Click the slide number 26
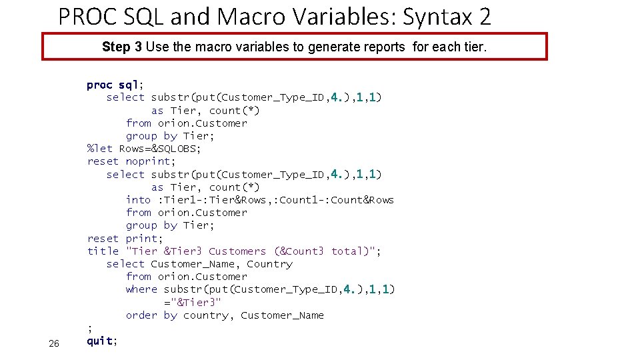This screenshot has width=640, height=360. (54, 343)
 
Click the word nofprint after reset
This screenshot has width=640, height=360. (151, 161)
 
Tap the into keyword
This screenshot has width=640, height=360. (138, 200)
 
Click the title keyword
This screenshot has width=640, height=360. (103, 251)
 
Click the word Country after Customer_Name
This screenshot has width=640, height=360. (269, 264)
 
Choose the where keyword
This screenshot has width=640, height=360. (141, 289)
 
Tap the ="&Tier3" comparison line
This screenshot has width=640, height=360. (193, 302)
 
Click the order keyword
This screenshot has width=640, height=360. (141, 315)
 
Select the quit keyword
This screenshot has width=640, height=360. (100, 341)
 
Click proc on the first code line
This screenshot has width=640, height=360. (99, 85)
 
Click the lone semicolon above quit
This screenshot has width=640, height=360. (89, 328)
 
